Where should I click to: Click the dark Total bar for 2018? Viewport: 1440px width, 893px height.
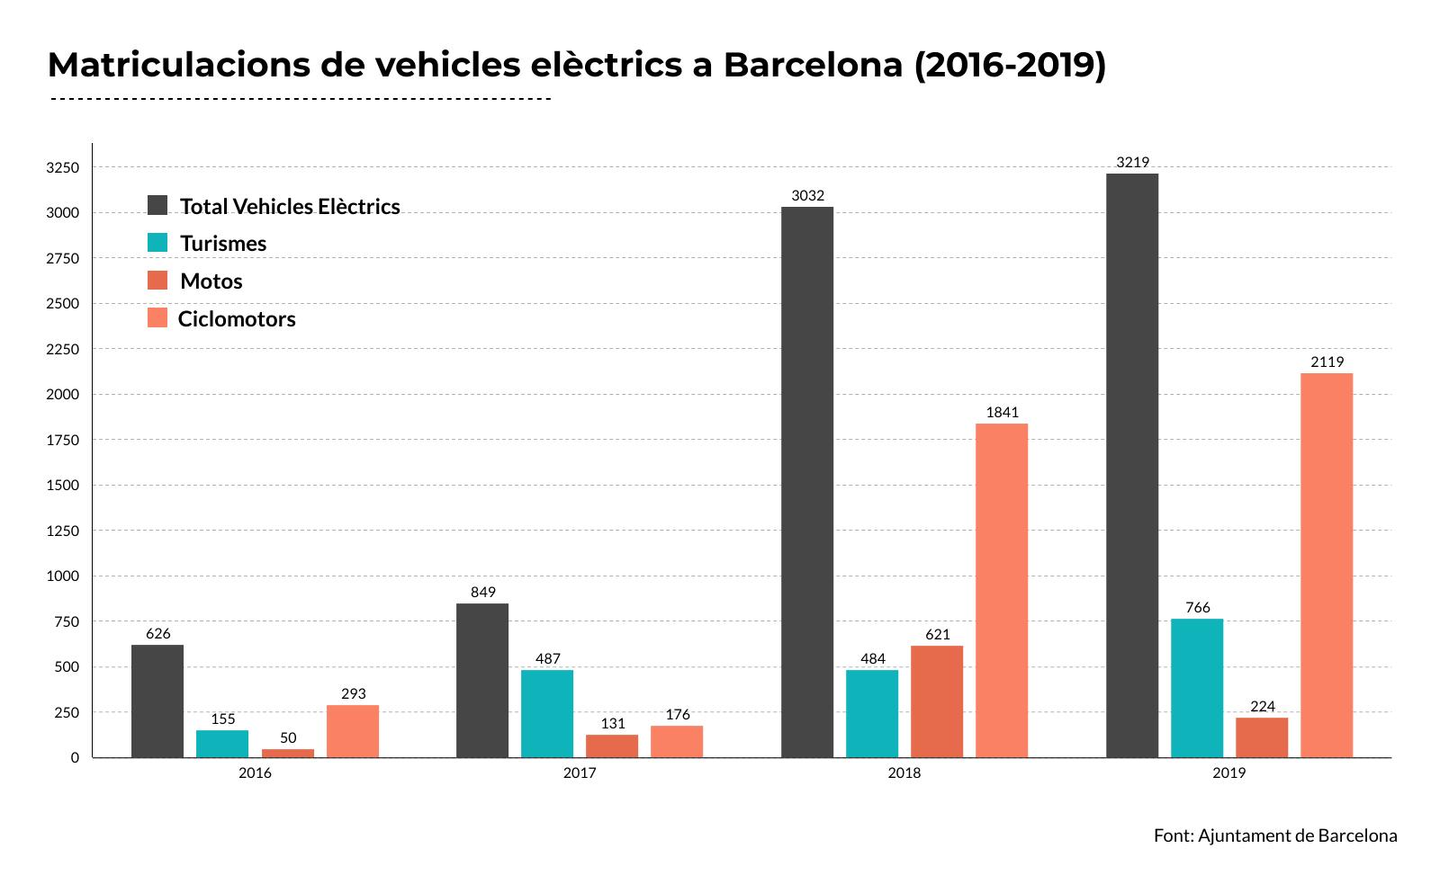point(806,482)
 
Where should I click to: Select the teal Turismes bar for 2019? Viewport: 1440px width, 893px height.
point(1196,688)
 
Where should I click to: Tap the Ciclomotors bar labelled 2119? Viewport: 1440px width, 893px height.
point(1326,565)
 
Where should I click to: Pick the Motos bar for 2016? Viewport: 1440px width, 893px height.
point(288,754)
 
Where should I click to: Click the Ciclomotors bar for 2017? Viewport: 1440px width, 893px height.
point(677,742)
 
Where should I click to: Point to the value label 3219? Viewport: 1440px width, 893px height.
point(1132,163)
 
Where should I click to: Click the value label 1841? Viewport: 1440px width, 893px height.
point(1002,413)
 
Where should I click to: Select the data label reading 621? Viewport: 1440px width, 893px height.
point(937,635)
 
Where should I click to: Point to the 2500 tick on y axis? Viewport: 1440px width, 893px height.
point(64,304)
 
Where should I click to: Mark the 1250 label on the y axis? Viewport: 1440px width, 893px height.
point(64,531)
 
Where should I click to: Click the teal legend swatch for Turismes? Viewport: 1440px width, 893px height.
point(157,243)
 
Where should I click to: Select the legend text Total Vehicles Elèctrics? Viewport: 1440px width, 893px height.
point(290,207)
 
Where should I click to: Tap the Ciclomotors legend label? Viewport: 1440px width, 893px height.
point(237,319)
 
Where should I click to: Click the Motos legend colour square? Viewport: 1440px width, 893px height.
point(157,281)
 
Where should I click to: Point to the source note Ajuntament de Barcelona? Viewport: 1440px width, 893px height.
point(1275,835)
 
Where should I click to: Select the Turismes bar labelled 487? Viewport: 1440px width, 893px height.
point(547,713)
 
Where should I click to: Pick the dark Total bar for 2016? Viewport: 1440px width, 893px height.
point(157,701)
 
